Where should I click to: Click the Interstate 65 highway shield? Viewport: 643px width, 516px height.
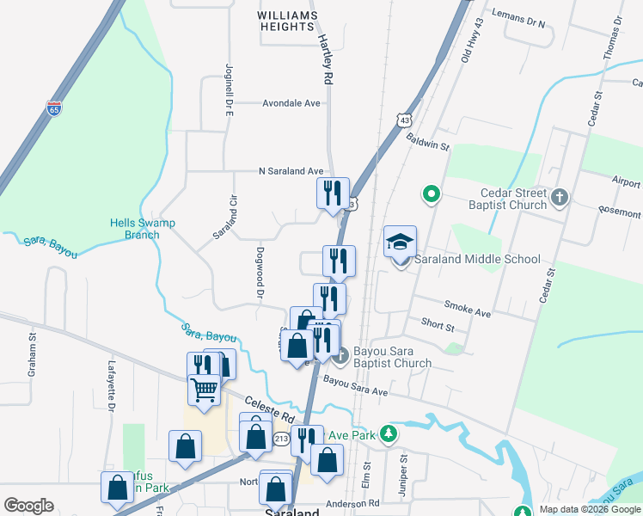click(x=53, y=107)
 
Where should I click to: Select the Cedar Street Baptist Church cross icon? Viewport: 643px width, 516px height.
click(x=559, y=198)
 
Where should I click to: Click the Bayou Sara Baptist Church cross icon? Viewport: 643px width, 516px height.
click(x=341, y=354)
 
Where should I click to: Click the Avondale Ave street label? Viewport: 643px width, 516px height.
click(x=291, y=103)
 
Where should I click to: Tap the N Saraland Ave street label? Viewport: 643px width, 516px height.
click(x=291, y=171)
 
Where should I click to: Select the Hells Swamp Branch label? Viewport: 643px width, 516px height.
click(x=143, y=229)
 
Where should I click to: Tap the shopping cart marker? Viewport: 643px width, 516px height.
click(x=204, y=390)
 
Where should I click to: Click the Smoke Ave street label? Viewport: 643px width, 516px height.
click(x=468, y=309)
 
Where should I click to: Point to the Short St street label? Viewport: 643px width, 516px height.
click(x=438, y=326)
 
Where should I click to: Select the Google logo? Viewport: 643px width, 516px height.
click(x=28, y=506)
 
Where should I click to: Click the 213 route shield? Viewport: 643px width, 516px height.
click(x=281, y=439)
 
